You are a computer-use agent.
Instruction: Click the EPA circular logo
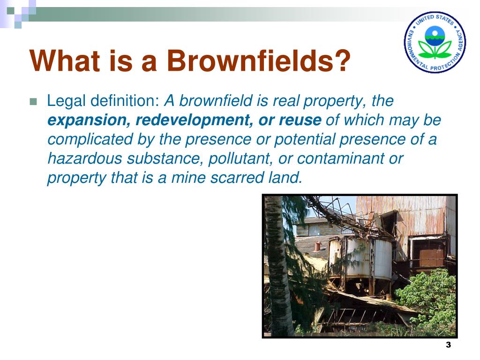(x=435, y=42)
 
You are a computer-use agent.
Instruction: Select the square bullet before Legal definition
(x=33, y=101)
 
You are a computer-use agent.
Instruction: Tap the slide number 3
(x=448, y=345)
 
